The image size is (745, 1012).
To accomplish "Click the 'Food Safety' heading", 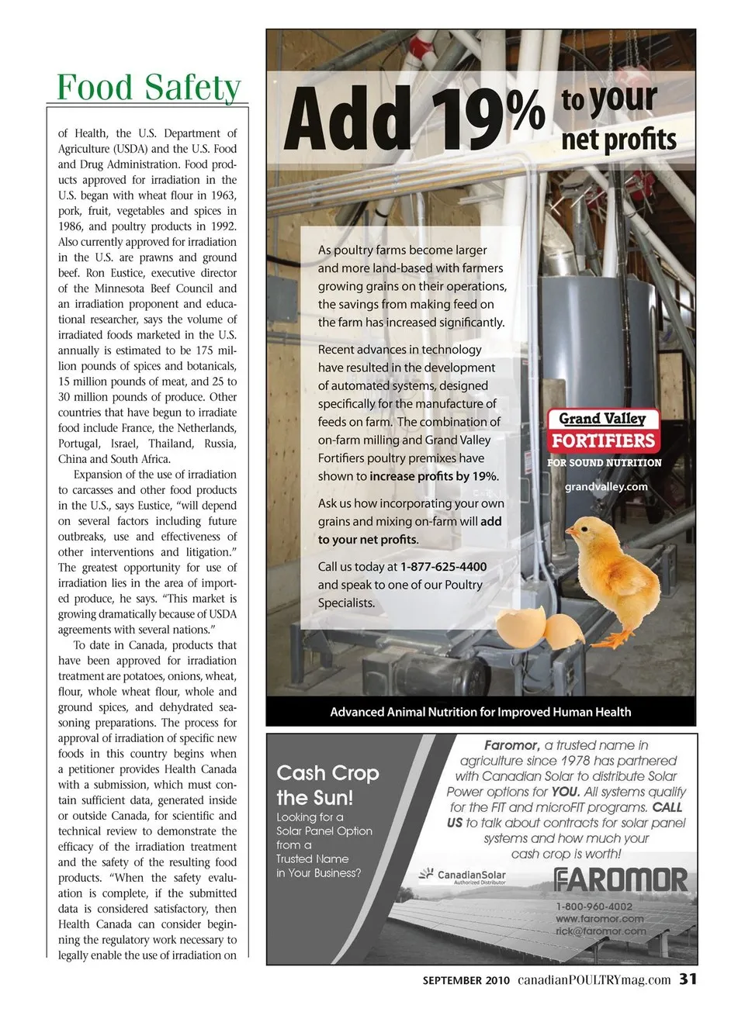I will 149,87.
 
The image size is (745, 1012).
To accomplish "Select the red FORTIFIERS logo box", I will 603,440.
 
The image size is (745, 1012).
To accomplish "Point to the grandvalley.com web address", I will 605,486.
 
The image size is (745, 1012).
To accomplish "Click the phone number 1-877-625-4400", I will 443,567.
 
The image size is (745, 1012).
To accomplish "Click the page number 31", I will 688,979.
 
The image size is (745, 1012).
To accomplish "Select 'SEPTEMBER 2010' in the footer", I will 466,980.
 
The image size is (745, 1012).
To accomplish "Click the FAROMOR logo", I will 621,880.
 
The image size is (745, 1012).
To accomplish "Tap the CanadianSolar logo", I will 463,876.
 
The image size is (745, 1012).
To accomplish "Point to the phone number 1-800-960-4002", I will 594,906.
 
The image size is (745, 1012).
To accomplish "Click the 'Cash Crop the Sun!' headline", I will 327,785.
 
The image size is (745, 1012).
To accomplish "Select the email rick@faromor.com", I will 601,931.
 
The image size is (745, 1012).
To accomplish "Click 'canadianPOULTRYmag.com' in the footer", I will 594,979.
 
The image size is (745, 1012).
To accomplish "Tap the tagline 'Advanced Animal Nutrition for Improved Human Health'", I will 480,712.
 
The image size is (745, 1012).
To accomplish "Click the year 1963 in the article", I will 221,195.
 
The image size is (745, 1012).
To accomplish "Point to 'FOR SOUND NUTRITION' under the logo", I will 604,463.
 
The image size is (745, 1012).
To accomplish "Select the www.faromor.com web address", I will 599,918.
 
